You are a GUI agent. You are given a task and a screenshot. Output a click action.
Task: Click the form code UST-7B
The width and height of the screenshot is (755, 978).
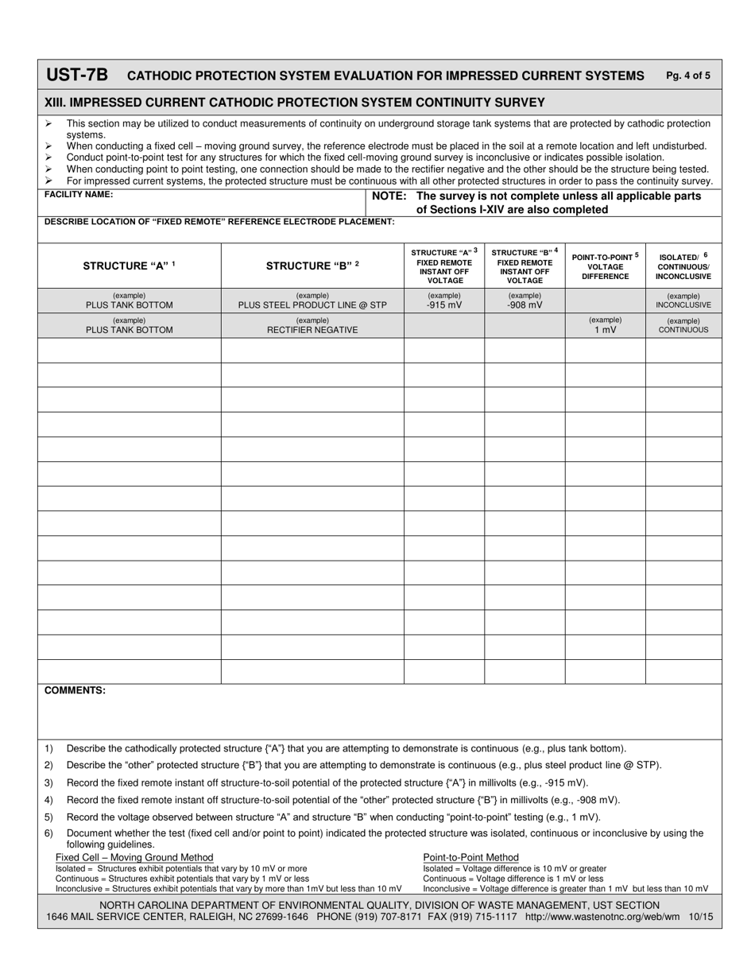[x=77, y=76]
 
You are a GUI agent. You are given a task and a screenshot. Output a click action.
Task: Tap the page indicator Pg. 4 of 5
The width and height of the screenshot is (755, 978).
[x=688, y=76]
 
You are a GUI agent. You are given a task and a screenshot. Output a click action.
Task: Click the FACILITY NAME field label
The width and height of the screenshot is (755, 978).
[x=79, y=195]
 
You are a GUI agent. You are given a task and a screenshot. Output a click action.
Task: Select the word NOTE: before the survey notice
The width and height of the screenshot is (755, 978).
[x=389, y=196]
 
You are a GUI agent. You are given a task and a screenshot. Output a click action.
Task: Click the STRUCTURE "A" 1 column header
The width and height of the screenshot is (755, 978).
[x=129, y=266]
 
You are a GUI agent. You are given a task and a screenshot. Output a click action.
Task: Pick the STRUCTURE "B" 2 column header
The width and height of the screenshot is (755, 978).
[x=312, y=266]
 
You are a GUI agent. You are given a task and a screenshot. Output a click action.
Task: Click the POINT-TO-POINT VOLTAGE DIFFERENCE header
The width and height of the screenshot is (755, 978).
[x=605, y=266]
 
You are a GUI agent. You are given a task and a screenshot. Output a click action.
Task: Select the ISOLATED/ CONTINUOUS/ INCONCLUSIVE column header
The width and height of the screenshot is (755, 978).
[x=683, y=266]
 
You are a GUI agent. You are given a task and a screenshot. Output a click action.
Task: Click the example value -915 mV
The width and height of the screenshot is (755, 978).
[x=444, y=305]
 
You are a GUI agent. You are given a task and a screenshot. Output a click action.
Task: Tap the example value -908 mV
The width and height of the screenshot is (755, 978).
[x=525, y=305]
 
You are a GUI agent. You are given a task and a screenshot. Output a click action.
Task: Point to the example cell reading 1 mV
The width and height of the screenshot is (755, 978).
[x=605, y=329]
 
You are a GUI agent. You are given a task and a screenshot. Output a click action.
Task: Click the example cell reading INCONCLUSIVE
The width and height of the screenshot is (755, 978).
[x=683, y=305]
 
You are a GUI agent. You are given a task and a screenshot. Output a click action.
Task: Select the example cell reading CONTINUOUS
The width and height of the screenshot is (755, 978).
[x=683, y=329]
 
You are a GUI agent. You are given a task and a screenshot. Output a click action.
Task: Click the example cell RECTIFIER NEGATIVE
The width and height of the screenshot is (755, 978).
[x=312, y=329]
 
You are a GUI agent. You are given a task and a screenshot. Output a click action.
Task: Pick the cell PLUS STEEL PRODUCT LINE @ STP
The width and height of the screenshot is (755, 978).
[x=312, y=305]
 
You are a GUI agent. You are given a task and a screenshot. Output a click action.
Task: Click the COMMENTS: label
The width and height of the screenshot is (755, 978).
[x=75, y=690]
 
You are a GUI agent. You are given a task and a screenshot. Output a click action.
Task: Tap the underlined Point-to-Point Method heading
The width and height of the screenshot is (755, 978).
[x=470, y=857]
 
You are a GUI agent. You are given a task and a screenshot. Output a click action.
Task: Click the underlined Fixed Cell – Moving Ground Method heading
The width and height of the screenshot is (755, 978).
[x=134, y=857]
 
